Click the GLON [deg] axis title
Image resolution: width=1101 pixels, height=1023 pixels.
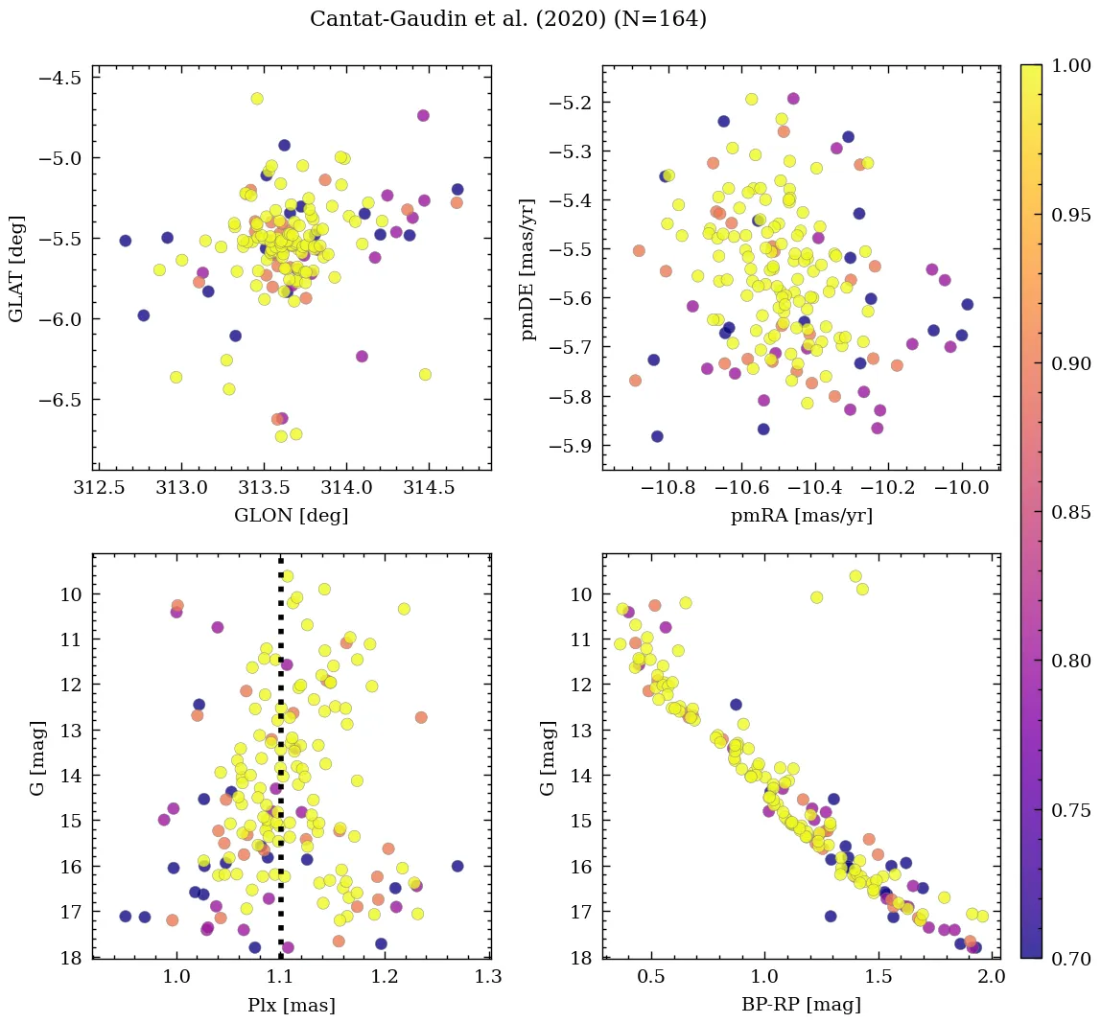pyautogui.click(x=291, y=516)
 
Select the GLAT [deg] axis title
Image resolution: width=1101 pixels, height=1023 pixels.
pyautogui.click(x=16, y=267)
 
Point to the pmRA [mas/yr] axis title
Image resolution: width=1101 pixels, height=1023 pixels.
pyautogui.click(x=801, y=516)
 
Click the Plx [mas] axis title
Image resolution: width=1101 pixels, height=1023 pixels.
pyautogui.click(x=291, y=1005)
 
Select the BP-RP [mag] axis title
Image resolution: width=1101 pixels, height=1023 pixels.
pyautogui.click(x=801, y=1005)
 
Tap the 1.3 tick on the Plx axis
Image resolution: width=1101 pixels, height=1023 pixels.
pyautogui.click(x=489, y=978)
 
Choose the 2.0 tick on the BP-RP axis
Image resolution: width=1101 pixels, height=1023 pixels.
pyautogui.click(x=991, y=978)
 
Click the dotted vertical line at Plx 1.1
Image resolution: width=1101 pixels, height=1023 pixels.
pyautogui.click(x=280, y=767)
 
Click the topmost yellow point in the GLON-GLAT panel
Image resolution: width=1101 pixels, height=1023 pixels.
pyautogui.click(x=256, y=99)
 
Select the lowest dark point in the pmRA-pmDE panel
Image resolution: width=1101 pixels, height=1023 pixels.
pyautogui.click(x=657, y=436)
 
